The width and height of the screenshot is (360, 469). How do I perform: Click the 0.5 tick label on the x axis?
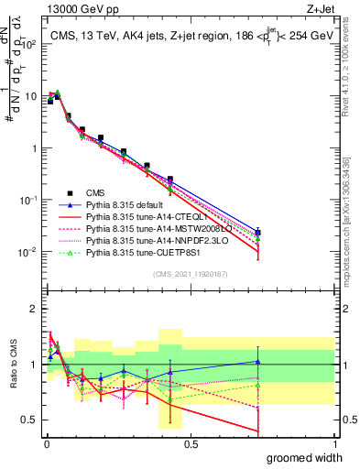191,443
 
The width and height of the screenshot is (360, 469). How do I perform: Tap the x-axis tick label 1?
334,443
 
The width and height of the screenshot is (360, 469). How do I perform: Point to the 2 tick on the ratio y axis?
34,307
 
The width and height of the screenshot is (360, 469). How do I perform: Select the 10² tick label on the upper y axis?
27,44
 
